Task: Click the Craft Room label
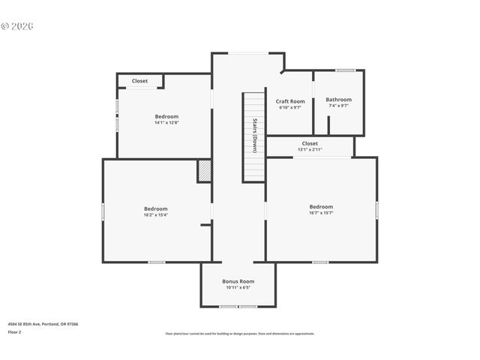pyautogui.click(x=290, y=101)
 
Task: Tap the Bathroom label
pyautogui.click(x=338, y=100)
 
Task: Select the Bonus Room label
pyautogui.click(x=238, y=281)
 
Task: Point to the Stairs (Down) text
pyautogui.click(x=255, y=135)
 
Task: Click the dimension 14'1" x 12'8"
pyautogui.click(x=166, y=122)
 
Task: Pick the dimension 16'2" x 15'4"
pyautogui.click(x=156, y=214)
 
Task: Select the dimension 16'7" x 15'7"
pyautogui.click(x=321, y=213)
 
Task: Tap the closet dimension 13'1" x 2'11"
pyautogui.click(x=310, y=149)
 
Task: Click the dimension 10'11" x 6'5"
pyautogui.click(x=238, y=287)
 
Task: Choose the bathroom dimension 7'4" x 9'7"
pyautogui.click(x=338, y=106)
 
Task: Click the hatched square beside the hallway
pyautogui.click(x=205, y=170)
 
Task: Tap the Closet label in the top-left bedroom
pyautogui.click(x=139, y=81)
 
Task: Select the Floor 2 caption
pyautogui.click(x=15, y=331)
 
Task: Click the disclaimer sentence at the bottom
pyautogui.click(x=239, y=333)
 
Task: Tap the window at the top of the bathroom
pyautogui.click(x=345, y=70)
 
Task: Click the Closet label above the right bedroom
pyautogui.click(x=310, y=143)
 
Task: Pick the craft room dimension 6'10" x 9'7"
pyautogui.click(x=290, y=107)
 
